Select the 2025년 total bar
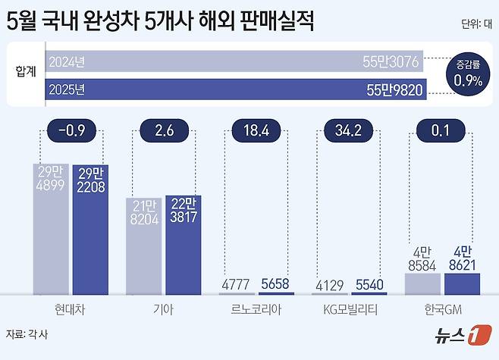coord(235,90)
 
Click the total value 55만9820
coord(394,90)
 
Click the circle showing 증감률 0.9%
coord(468,74)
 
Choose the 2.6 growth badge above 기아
coord(164,131)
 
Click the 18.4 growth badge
coord(256,131)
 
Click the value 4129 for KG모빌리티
coord(330,283)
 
